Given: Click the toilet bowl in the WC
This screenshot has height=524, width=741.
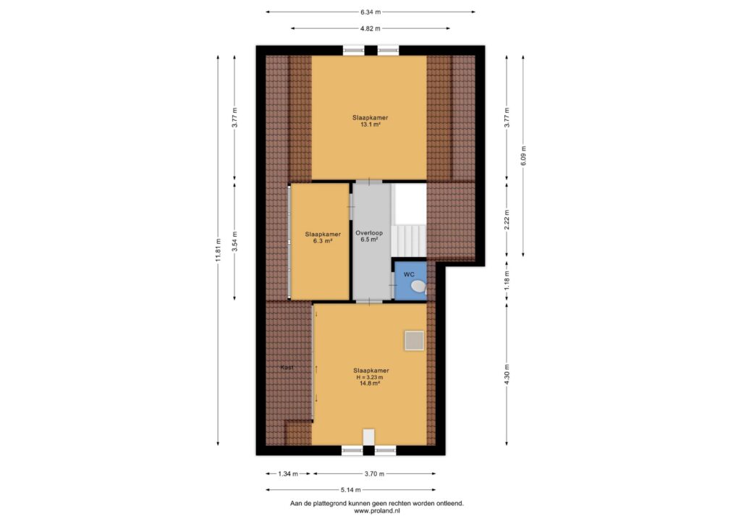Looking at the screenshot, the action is tap(418, 287).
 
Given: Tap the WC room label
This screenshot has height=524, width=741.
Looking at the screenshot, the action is tap(409, 274).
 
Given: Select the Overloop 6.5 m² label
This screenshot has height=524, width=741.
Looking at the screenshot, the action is tap(369, 236).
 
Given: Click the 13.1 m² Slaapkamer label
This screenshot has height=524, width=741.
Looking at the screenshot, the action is tap(370, 121).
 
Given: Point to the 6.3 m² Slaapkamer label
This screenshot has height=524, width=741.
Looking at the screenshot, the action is tap(323, 237).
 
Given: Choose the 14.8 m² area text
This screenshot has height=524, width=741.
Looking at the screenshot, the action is tap(370, 384).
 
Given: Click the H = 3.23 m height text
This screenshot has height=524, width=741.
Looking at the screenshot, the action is tap(370, 378).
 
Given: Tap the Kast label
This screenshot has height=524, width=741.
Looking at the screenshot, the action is tap(287, 368).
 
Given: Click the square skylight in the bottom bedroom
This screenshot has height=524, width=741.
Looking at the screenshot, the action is tap(414, 341).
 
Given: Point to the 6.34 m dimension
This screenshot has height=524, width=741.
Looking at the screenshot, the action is tap(370, 12).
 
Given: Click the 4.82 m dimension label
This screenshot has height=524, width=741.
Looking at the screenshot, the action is tap(370, 28).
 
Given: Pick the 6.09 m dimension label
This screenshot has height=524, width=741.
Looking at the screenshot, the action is tap(523, 156).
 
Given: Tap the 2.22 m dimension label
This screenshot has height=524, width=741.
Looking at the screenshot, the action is tap(507, 220).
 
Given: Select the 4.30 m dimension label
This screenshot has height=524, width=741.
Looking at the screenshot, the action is tap(507, 374).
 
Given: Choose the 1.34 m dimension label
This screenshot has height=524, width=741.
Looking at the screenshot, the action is tap(288, 474).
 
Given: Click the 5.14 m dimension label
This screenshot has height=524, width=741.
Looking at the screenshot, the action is tap(351, 490).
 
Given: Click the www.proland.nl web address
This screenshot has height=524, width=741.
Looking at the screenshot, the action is tap(377, 511).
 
